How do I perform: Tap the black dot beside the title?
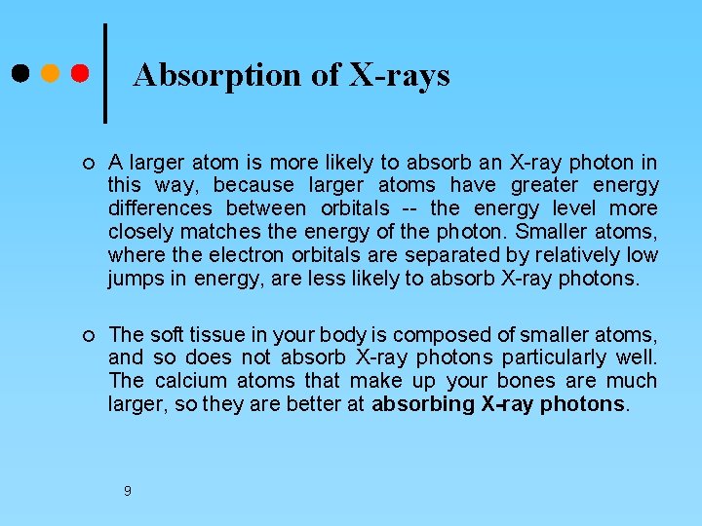click(20, 74)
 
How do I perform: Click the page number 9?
click(127, 491)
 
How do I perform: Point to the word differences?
click(160, 208)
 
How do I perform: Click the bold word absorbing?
click(424, 404)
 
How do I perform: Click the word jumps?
click(135, 279)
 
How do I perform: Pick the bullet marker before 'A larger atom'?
click(89, 163)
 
